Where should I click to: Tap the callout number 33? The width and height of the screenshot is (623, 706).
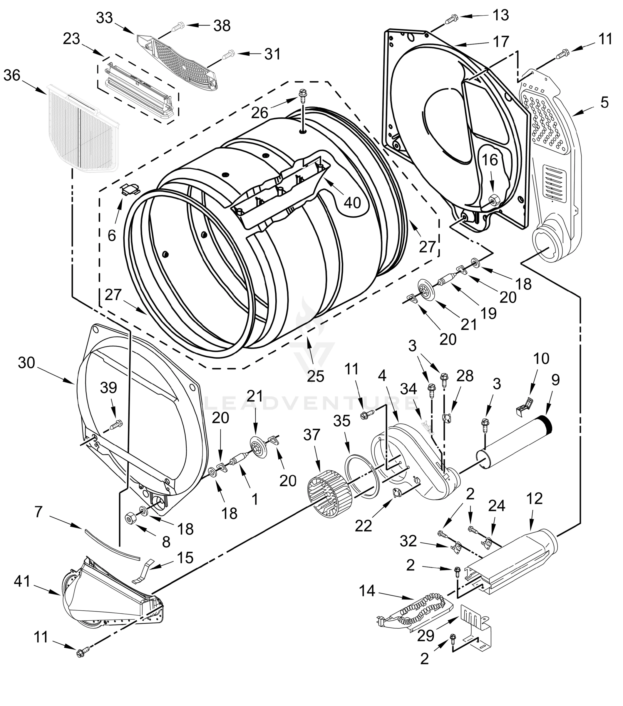[x=105, y=18]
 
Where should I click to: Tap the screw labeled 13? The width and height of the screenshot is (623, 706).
[x=450, y=19]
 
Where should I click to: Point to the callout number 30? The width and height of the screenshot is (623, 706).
[x=26, y=363]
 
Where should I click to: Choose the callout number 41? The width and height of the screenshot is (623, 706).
[x=22, y=581]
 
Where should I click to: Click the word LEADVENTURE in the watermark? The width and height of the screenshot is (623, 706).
[x=310, y=403]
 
